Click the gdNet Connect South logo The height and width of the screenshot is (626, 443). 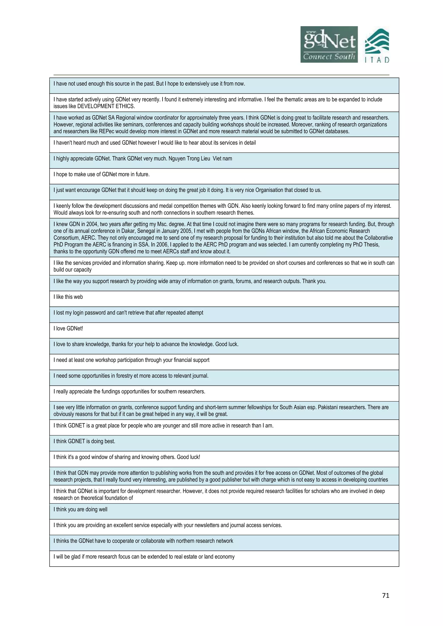click(x=329, y=45)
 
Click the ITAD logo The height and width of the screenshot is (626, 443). click(x=377, y=46)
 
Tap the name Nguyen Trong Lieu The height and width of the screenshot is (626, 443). click(x=189, y=159)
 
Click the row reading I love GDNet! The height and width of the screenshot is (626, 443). click(x=68, y=329)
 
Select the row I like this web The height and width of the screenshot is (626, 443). click(x=68, y=297)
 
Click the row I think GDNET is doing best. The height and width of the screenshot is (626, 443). click(x=84, y=441)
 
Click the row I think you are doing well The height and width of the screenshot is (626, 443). click(x=80, y=509)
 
